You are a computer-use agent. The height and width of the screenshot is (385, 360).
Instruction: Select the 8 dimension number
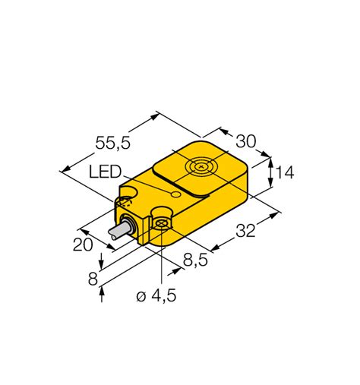(x=93, y=278)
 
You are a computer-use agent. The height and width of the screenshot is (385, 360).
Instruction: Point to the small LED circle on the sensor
(x=175, y=196)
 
